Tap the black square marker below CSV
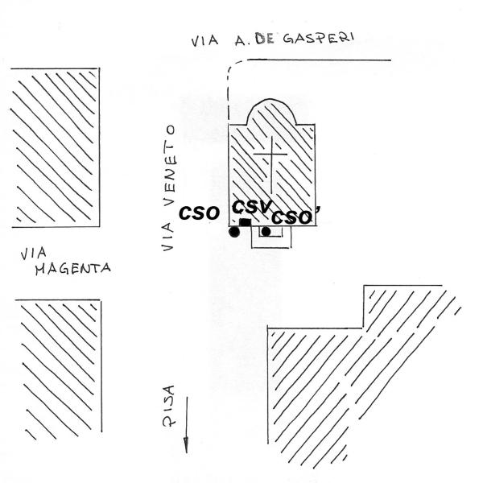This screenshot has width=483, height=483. point(245,222)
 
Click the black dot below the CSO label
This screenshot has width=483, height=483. point(234,233)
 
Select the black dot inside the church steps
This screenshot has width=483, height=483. point(266,233)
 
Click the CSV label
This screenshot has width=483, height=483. point(253,206)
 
